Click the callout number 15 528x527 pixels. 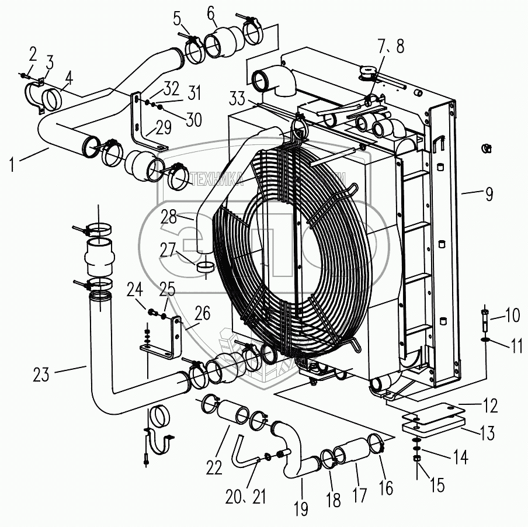436,485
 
